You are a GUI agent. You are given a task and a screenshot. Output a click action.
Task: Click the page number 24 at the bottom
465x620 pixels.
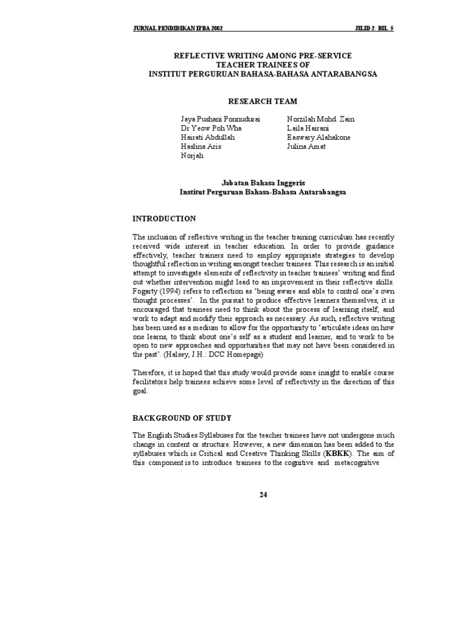coord(263,494)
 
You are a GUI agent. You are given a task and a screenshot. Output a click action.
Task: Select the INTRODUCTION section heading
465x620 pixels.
coord(163,219)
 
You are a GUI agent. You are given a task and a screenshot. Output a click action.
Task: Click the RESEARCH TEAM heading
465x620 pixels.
coord(262,101)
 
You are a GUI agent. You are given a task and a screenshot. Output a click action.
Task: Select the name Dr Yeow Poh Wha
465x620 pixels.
coord(208,128)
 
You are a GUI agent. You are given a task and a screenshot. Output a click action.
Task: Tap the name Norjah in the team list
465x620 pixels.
coord(191,156)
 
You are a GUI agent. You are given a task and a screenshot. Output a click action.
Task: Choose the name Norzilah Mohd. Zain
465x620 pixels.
coord(321,119)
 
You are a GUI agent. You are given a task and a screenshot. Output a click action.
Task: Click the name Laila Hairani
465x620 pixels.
coord(307,128)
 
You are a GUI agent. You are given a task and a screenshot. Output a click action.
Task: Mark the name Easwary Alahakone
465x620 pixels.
coord(318,137)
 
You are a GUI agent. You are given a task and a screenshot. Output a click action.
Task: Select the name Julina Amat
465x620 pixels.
coord(305,147)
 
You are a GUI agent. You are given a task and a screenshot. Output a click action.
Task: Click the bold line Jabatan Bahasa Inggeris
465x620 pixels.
coord(262,182)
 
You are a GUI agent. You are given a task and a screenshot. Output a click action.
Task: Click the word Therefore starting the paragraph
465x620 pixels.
coord(150,373)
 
